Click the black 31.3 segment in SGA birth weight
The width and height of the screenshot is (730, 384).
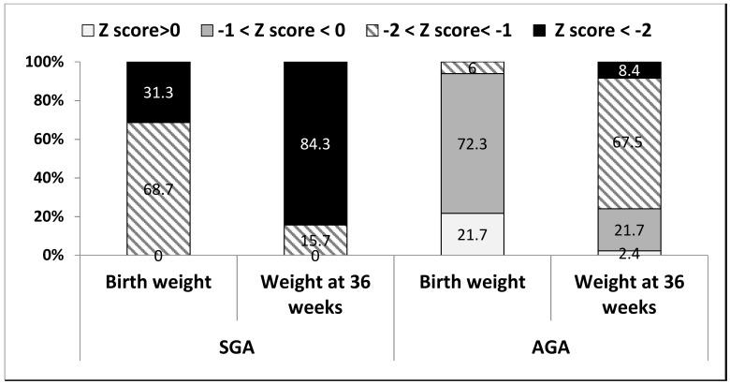[157, 92]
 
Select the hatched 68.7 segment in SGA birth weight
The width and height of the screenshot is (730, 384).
[157, 187]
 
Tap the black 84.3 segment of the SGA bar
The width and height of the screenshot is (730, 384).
[315, 142]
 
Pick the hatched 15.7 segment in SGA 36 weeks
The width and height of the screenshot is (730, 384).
[315, 239]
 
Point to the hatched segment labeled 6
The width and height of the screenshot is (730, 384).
[473, 67]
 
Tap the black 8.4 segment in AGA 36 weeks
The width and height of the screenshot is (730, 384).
[629, 69]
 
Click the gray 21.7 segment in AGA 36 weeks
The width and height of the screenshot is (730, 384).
[629, 229]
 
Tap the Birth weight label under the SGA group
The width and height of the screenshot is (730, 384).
[157, 284]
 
